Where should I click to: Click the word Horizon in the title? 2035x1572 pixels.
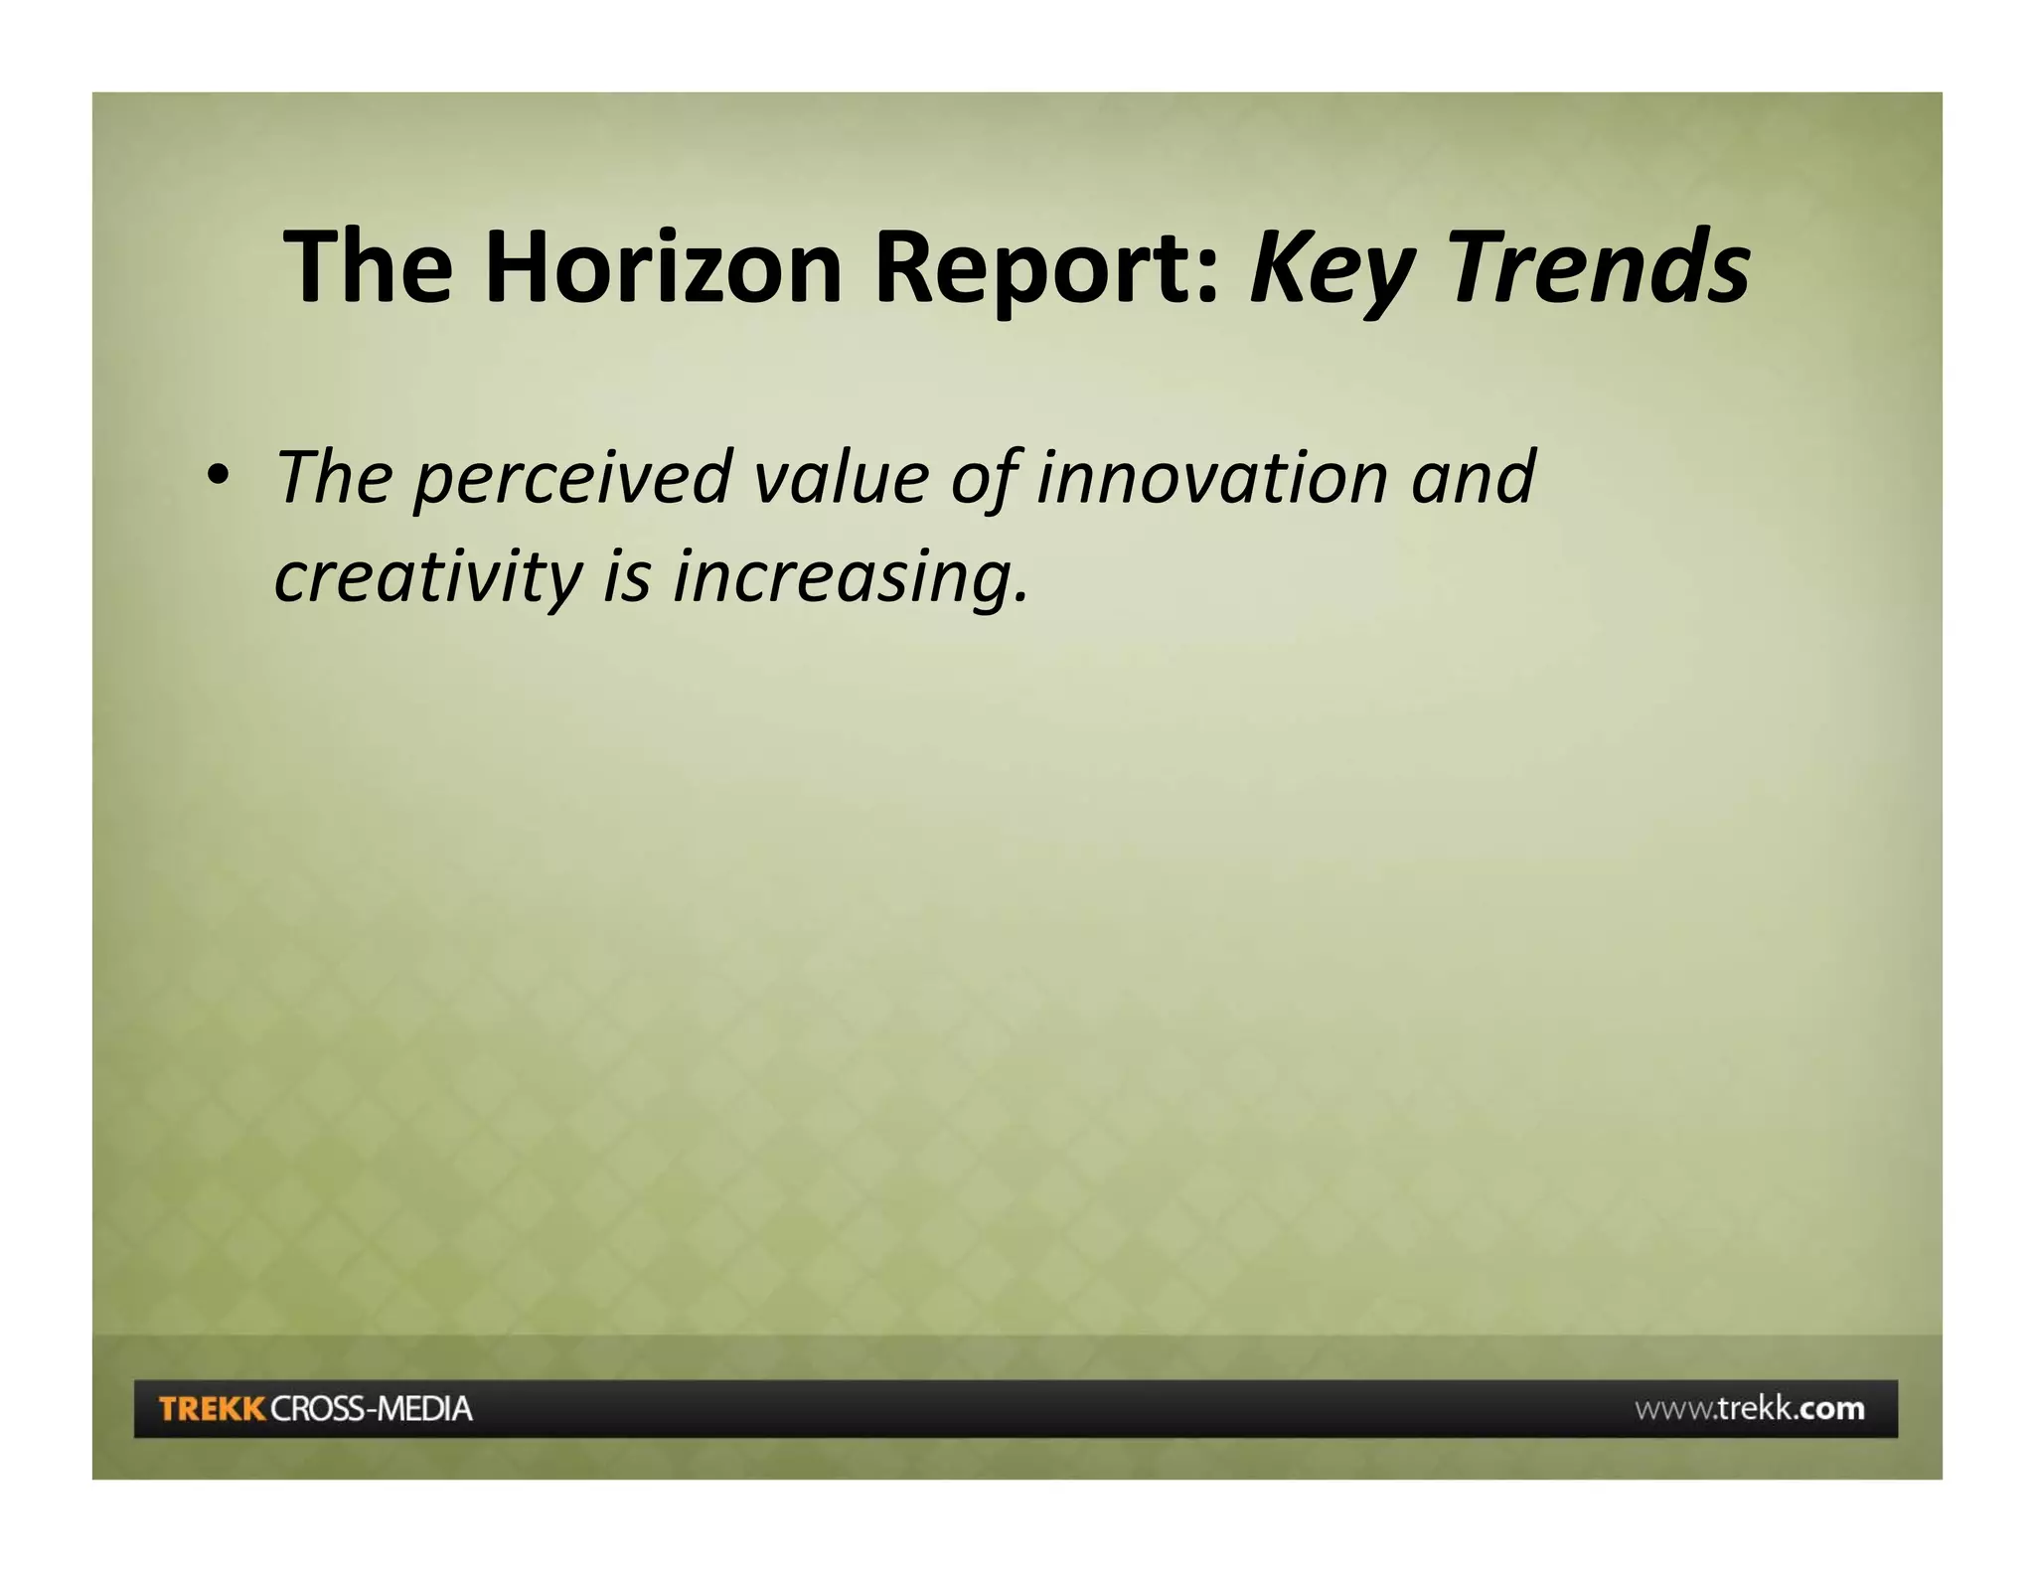[x=663, y=266]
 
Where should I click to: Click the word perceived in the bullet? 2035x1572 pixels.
[x=572, y=479]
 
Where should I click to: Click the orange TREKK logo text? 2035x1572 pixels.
[x=212, y=1408]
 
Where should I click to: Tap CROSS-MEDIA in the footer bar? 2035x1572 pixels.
[x=372, y=1408]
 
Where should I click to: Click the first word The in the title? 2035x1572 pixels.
[x=368, y=266]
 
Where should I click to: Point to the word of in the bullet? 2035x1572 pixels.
[x=984, y=479]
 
